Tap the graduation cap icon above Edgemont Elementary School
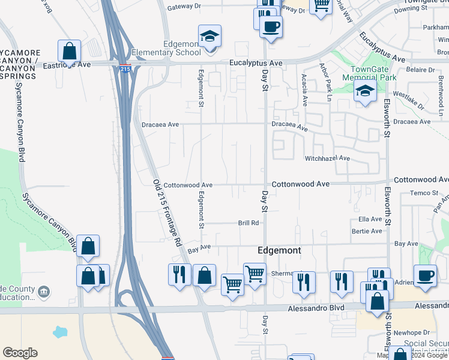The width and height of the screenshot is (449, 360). pyautogui.click(x=209, y=37)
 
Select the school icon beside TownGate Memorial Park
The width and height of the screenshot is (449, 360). pyautogui.click(x=364, y=92)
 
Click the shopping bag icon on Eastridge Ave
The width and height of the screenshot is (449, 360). pyautogui.click(x=70, y=52)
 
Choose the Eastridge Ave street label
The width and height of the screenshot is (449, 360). pyautogui.click(x=67, y=64)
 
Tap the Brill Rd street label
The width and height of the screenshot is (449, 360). pyautogui.click(x=248, y=223)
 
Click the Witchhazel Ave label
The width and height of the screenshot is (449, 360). pyautogui.click(x=327, y=158)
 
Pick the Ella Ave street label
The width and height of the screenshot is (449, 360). pyautogui.click(x=370, y=220)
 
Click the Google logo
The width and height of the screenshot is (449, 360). pyautogui.click(x=20, y=353)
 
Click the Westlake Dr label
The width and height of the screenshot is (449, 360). pyautogui.click(x=408, y=100)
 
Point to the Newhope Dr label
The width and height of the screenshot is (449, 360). pyautogui.click(x=417, y=332)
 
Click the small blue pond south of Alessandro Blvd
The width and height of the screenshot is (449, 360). pyautogui.click(x=61, y=332)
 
